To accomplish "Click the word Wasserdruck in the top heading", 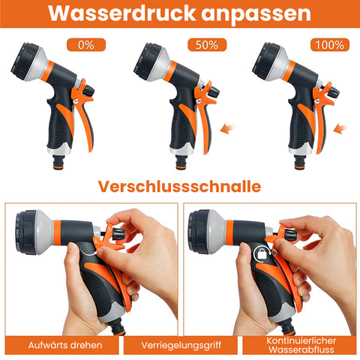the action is (x=122, y=13).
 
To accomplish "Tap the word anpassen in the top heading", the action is (x=256, y=14).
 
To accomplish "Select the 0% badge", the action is (x=86, y=45).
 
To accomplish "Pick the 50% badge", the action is (x=207, y=45).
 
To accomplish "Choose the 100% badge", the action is (x=330, y=45).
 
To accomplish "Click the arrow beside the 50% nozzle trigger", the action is (x=228, y=128).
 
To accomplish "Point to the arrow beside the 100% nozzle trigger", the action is (x=340, y=128).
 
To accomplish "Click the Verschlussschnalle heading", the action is (x=179, y=186).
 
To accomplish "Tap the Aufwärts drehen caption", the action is (x=65, y=345).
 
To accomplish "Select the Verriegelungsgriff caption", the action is (x=181, y=345).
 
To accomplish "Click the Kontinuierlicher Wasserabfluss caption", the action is (x=301, y=345).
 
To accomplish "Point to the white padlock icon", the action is (x=262, y=254).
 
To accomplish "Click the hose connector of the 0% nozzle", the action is (x=59, y=162).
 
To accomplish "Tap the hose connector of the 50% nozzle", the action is (x=181, y=162).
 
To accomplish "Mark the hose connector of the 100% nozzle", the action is (x=300, y=162).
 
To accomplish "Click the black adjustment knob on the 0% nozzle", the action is (x=88, y=90).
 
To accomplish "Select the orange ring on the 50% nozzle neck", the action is (x=170, y=71).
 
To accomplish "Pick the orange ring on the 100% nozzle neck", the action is (x=289, y=71).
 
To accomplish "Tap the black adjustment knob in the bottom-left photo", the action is (x=118, y=234).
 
